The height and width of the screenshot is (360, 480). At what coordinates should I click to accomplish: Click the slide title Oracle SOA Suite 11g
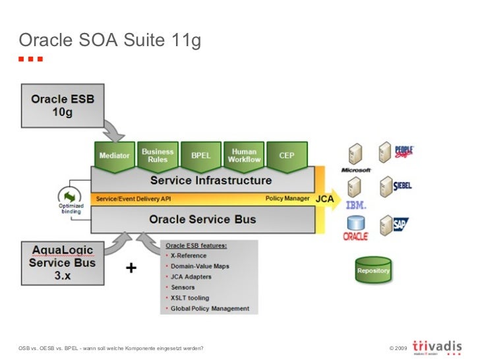(109, 41)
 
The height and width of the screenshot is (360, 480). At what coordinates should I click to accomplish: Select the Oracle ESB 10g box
(63, 105)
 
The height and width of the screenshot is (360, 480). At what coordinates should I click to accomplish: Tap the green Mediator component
(114, 156)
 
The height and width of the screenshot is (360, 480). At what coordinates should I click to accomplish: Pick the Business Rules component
(158, 156)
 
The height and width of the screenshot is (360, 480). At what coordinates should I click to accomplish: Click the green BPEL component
(200, 156)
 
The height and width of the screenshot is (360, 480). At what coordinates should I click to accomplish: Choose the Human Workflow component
(244, 156)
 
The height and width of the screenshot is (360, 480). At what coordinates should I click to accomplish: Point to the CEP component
(287, 156)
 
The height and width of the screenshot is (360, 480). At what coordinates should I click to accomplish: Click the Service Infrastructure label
(210, 180)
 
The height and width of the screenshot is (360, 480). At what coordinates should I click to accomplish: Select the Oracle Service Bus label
(202, 220)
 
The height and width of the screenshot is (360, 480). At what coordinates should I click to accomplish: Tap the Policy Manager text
(287, 198)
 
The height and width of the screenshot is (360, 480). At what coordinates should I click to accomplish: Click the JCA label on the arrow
(324, 198)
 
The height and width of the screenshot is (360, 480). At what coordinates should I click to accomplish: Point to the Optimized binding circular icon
(70, 196)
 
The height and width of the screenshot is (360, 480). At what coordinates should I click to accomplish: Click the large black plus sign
(132, 268)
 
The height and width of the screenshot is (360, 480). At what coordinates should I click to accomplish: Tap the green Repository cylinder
(373, 270)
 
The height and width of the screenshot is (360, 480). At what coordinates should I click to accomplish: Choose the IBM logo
(356, 205)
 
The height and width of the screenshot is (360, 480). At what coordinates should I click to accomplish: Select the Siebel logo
(402, 186)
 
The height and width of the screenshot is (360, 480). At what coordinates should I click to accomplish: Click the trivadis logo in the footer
(436, 345)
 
